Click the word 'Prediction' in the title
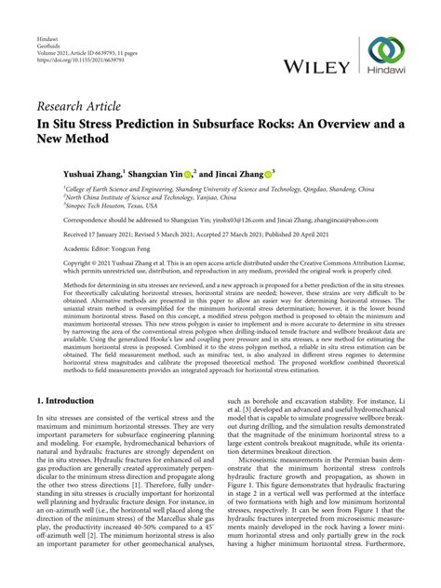click(137, 121)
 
